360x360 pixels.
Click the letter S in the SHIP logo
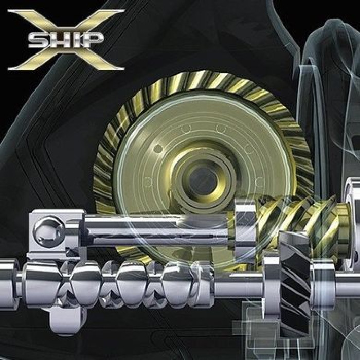(x=38, y=40)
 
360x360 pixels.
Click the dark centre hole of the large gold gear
(x=203, y=181)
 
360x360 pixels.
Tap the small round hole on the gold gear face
(x=158, y=149)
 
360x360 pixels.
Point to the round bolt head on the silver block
(x=49, y=232)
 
